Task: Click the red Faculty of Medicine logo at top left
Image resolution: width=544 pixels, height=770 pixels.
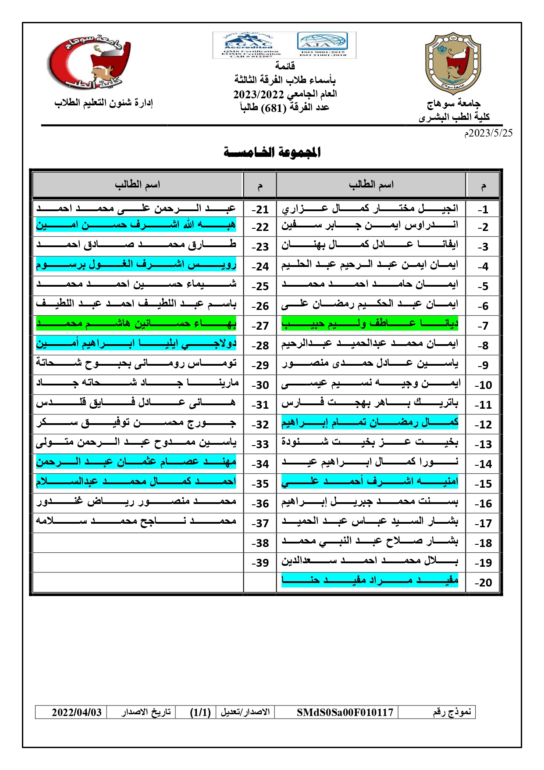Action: pos(89,61)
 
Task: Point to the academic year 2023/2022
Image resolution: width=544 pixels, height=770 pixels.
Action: pos(259,94)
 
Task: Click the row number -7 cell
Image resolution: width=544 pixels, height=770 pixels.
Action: pos(483,326)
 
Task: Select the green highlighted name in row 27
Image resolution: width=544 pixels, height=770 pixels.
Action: pos(136,324)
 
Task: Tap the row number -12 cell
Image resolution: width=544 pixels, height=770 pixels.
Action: pos(483,425)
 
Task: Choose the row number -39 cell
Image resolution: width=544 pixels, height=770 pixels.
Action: pos(260,563)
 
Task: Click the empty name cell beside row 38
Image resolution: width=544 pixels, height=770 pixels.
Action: pos(138,543)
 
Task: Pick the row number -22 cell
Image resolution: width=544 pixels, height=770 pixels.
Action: pos(260,227)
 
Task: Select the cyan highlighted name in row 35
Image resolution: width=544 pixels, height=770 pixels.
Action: pos(136,482)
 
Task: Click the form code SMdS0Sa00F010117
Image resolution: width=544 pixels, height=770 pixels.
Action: pos(345,712)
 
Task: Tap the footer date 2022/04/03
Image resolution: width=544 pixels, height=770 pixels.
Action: pos(77,712)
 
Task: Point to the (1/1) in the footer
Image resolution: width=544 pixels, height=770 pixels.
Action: pos(200,712)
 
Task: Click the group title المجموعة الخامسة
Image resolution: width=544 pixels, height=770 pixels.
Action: pos(272,153)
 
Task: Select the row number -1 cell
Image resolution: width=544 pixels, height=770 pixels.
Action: pos(483,210)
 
